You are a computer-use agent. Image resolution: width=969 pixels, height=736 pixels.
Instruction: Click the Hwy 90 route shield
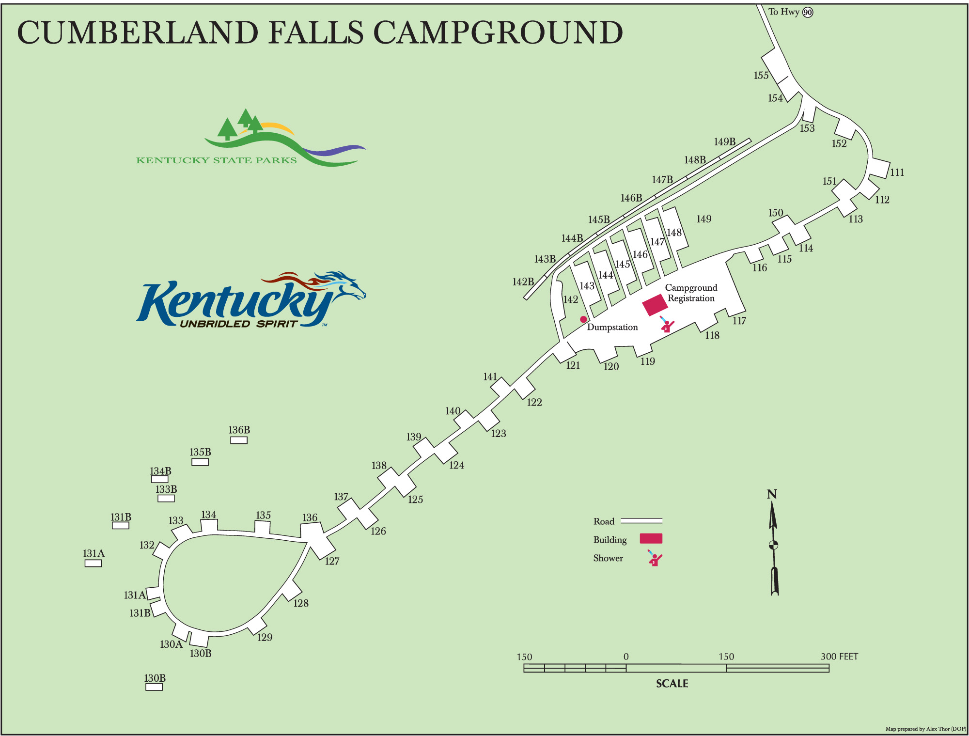[x=808, y=12]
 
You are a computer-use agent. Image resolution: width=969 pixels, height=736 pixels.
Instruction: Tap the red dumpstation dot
[x=583, y=319]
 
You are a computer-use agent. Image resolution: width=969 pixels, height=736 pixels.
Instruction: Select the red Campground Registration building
[x=655, y=305]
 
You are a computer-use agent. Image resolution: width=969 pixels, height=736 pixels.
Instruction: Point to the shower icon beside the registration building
[x=667, y=324]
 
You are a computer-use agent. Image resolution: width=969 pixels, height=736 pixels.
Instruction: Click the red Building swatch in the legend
[x=651, y=538]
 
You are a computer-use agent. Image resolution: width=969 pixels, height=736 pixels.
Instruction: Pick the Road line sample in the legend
[x=641, y=521]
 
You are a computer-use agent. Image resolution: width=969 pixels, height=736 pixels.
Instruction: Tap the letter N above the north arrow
[x=772, y=494]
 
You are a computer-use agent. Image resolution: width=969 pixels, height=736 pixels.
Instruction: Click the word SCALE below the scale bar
[x=672, y=683]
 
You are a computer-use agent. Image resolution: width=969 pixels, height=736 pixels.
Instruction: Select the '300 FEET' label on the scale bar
[x=839, y=657]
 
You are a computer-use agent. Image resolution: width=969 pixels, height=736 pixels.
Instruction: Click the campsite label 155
[x=761, y=75]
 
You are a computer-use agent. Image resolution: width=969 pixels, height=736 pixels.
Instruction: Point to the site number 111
[x=897, y=172]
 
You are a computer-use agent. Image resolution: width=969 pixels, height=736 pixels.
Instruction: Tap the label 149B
[x=724, y=141]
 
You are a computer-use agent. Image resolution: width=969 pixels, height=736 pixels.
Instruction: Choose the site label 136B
[x=239, y=430]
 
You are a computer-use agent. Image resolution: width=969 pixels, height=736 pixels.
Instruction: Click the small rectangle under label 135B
[x=200, y=462]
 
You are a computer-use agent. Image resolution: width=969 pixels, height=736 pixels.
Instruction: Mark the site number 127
[x=332, y=561]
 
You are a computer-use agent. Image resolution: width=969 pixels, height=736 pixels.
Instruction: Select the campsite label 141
[x=490, y=376]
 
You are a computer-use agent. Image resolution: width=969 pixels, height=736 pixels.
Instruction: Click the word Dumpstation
[x=612, y=327]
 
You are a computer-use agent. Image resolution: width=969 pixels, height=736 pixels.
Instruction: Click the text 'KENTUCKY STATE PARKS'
[x=216, y=160]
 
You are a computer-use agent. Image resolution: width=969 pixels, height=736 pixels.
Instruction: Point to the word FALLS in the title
[x=315, y=33]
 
